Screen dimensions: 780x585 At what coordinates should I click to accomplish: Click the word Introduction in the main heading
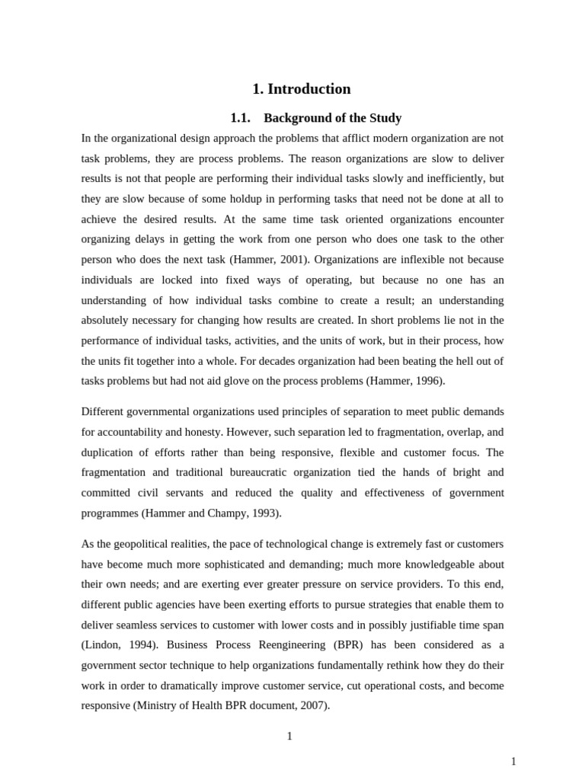click(x=309, y=89)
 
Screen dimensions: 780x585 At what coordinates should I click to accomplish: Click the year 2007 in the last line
click(x=312, y=705)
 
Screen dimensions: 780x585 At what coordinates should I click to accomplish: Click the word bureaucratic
click(x=251, y=472)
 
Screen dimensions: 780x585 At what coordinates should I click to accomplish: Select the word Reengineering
click(x=248, y=645)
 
